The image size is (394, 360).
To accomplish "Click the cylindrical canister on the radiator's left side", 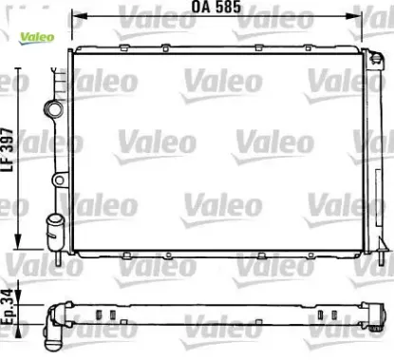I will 53,229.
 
